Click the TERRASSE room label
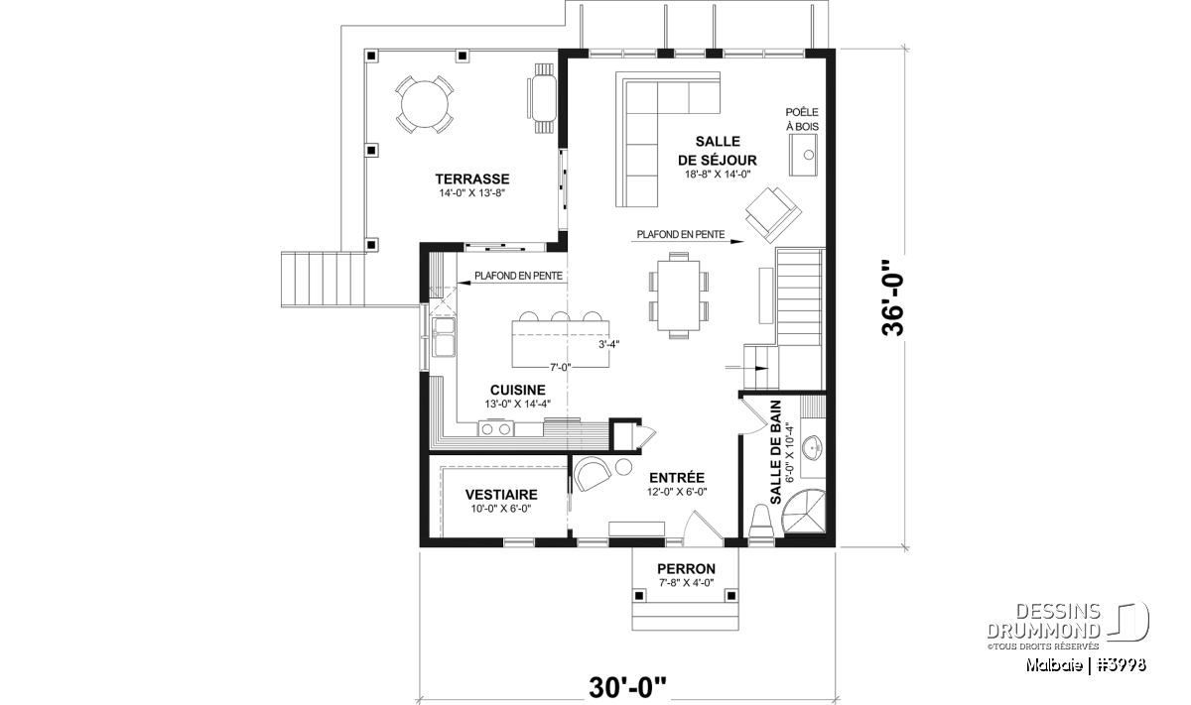472,179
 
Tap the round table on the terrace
425,104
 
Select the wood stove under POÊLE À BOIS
803,155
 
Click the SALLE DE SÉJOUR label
718,151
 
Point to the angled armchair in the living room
773,214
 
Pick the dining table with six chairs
679,294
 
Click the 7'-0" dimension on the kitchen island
561,367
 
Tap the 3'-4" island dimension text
608,344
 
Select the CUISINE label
517,390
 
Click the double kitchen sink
444,337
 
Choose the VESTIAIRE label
501,495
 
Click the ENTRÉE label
677,478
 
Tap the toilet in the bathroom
761,522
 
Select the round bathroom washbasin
812,447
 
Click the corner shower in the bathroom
805,511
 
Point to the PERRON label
686,569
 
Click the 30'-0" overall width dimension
627,688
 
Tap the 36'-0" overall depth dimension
893,298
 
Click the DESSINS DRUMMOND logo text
1044,621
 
